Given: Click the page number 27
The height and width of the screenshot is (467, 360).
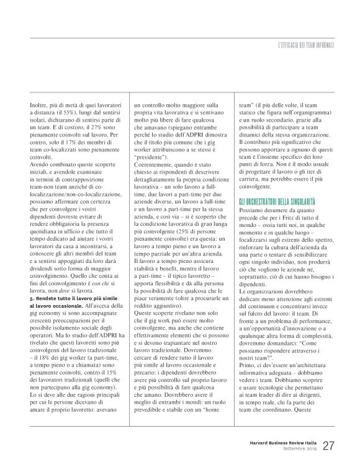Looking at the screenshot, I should pos(330,446).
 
